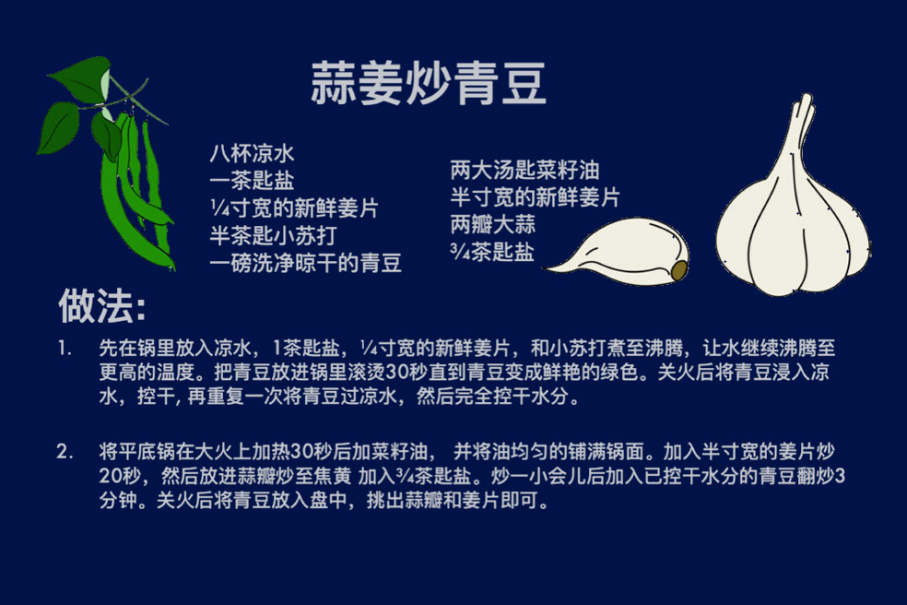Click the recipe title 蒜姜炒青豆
428,84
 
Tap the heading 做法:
101,305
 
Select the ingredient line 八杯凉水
252,153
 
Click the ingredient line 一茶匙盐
252,181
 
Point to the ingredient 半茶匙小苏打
273,235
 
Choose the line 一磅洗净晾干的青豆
305,263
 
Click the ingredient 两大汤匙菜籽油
524,171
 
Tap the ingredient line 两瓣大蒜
493,225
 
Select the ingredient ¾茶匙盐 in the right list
492,252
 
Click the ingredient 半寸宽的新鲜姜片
535,197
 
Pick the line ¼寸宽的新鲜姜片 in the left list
294,208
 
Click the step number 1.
65,349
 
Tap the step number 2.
65,452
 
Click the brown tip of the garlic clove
679,270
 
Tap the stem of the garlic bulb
800,127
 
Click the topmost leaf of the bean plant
81,77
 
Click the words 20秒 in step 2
120,476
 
